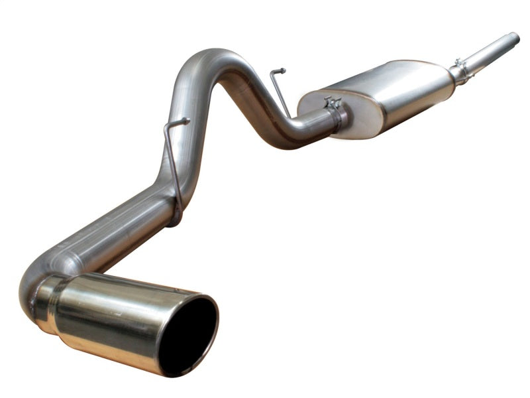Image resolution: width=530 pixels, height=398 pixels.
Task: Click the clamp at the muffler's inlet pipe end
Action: click(459, 71)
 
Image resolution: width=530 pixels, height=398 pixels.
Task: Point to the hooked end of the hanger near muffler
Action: click(281, 70)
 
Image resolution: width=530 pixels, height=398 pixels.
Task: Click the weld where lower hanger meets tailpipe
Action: click(174, 216)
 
